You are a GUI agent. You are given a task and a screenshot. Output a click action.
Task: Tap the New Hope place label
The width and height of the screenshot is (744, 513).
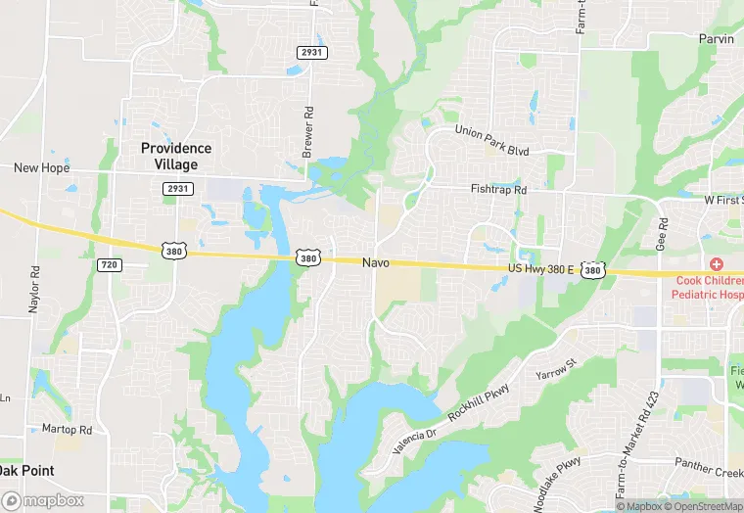click(41, 168)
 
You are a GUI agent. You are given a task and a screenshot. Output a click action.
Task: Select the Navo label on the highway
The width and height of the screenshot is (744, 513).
click(376, 262)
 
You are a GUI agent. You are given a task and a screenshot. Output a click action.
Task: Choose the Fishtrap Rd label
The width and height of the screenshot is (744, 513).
click(498, 190)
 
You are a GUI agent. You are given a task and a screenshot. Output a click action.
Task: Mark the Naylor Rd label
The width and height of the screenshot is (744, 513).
click(34, 289)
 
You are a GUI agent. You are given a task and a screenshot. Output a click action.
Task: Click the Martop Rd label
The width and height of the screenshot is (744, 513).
click(67, 430)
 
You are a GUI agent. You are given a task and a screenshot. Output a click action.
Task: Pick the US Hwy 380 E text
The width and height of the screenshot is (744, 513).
click(540, 267)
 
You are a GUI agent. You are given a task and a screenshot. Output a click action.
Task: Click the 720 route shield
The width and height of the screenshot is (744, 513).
click(109, 265)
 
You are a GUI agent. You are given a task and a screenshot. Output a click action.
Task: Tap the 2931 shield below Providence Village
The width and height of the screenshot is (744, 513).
click(178, 188)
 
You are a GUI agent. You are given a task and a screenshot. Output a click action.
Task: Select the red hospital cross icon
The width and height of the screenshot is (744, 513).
click(717, 264)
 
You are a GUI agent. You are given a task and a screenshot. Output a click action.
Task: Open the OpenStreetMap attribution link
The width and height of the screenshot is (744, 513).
click(703, 506)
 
